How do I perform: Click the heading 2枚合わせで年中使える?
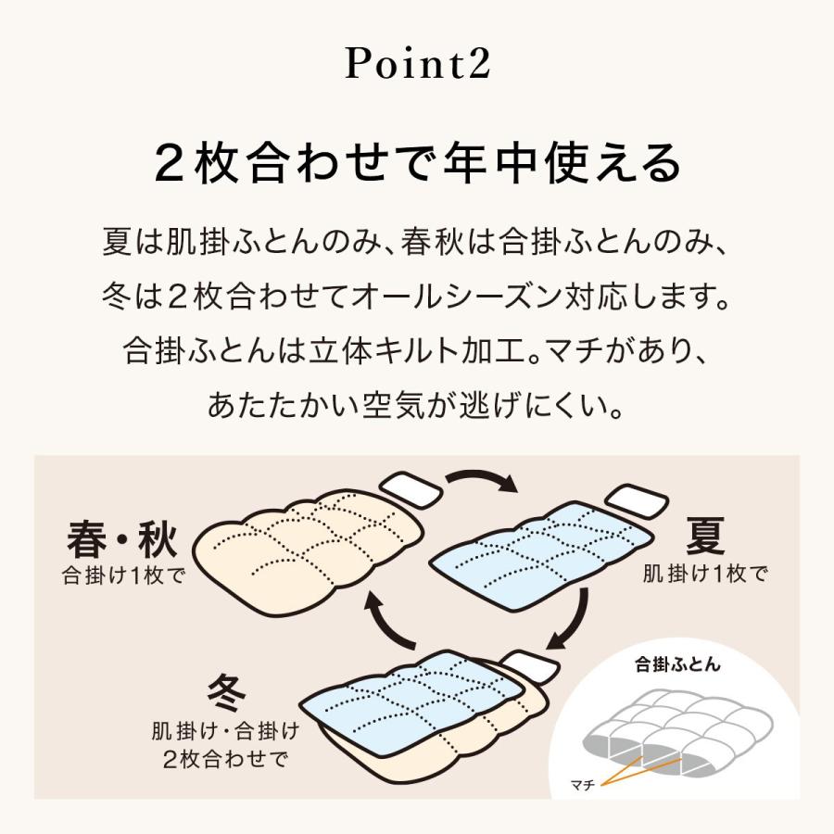point(417,164)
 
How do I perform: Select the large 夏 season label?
point(705,535)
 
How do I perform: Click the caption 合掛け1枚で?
point(123,575)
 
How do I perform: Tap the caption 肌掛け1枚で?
point(705,574)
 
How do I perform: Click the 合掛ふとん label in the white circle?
point(677,663)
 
